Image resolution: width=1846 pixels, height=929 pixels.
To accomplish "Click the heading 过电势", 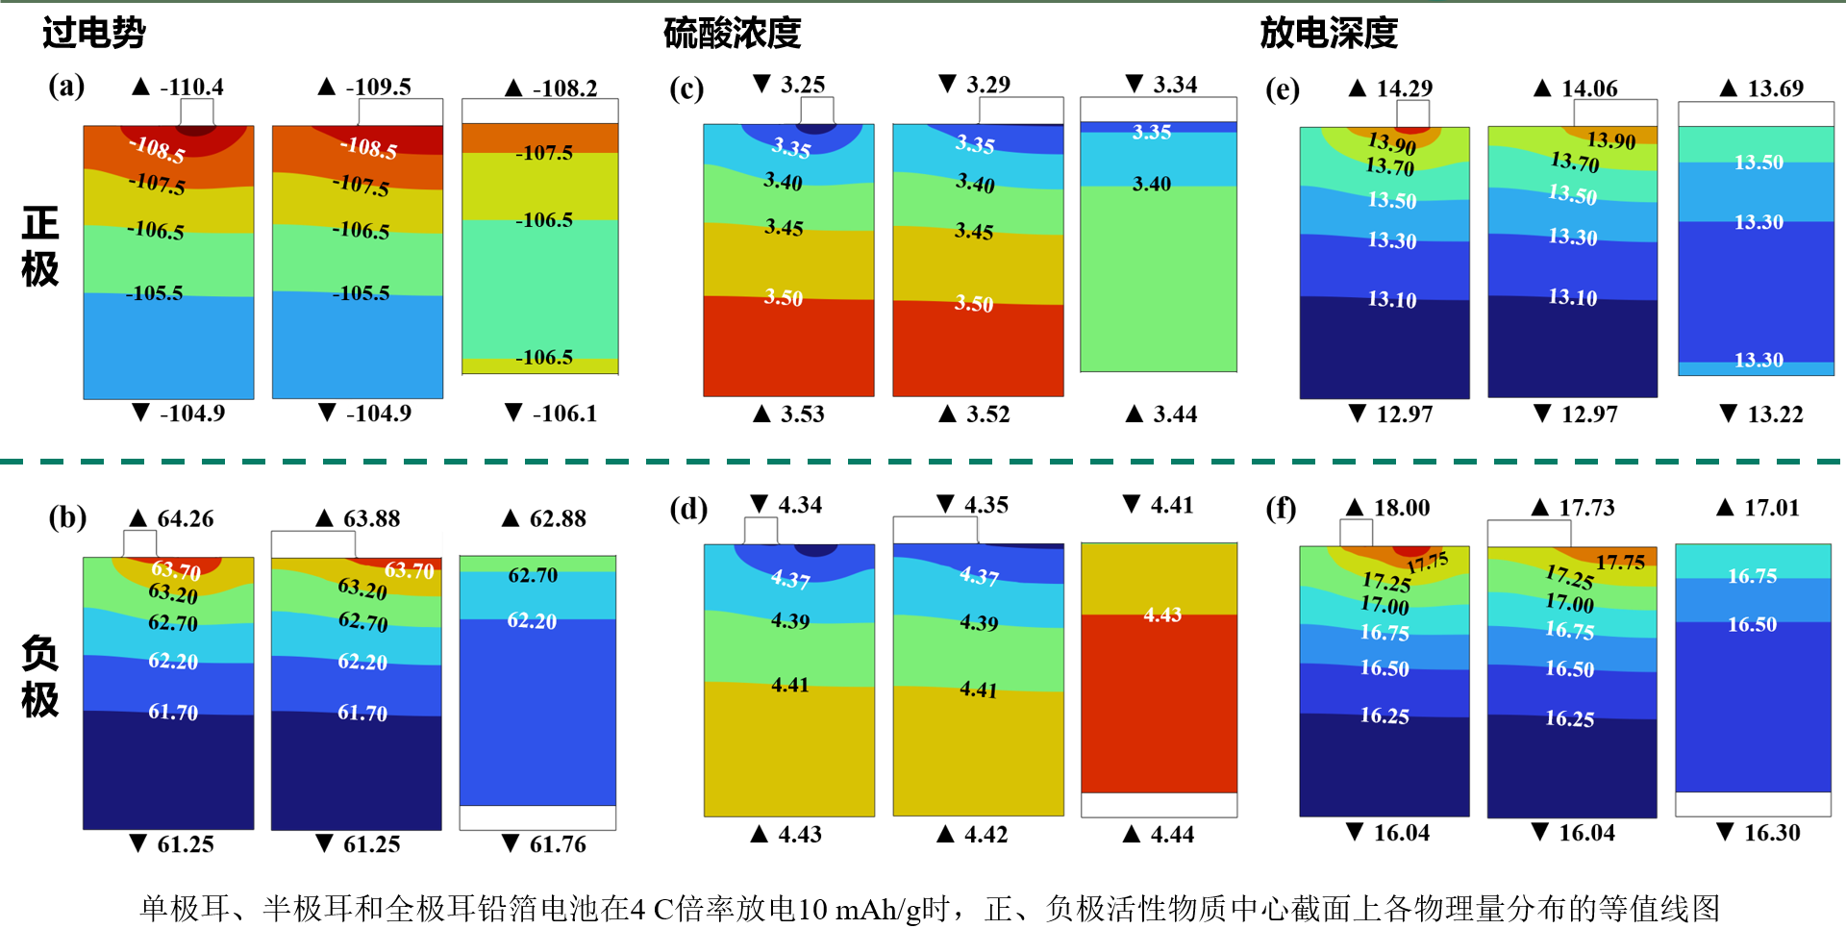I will click(93, 33).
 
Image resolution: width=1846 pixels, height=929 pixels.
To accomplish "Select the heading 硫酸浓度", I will click(732, 33).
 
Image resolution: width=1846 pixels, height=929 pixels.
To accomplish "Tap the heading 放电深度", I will click(1328, 33).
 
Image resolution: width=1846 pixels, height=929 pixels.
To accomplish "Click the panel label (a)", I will click(66, 87).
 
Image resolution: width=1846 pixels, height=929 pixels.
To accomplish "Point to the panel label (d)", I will click(688, 508).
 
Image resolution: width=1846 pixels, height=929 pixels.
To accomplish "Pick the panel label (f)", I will click(1281, 508).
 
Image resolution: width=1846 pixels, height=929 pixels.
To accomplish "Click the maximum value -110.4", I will click(191, 88).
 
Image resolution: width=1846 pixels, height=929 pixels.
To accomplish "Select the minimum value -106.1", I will click(564, 414).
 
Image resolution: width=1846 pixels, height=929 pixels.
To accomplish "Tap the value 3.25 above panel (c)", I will click(803, 85).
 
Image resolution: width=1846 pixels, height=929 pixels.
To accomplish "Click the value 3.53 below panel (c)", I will click(802, 414).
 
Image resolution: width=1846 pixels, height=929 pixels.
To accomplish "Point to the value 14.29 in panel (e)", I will click(1404, 88).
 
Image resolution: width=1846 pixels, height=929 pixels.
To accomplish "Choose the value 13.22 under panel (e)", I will click(1775, 414).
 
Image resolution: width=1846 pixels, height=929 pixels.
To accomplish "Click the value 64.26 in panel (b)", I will click(186, 519).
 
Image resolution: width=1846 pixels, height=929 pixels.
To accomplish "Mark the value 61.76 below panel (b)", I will click(558, 844).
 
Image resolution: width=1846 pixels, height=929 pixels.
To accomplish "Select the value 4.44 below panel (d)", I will click(1172, 835).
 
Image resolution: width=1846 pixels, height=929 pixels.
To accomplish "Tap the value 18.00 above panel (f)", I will click(1401, 508).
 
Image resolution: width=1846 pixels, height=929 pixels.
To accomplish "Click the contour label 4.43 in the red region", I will click(1162, 615).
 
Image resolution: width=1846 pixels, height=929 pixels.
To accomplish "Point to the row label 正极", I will click(40, 247).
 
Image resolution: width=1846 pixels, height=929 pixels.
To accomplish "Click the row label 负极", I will click(40, 677).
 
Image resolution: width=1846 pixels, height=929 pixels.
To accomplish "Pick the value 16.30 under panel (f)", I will click(1772, 833).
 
